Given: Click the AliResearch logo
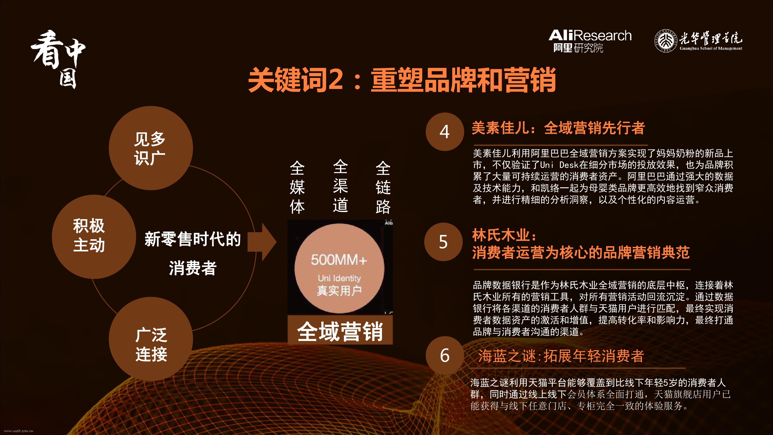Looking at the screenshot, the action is (x=590, y=41).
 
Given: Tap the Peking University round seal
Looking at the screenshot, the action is (x=666, y=41).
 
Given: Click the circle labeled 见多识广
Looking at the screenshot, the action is (x=151, y=148).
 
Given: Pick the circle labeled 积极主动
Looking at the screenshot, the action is (x=94, y=237).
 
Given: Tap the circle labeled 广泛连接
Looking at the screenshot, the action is (x=151, y=339).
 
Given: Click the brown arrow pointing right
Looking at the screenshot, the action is (x=262, y=242).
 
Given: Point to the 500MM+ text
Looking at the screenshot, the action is (x=339, y=260).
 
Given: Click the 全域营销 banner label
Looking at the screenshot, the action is (x=340, y=331).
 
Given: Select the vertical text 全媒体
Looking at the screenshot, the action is (x=297, y=187).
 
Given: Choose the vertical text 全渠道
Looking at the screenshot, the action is (x=340, y=186).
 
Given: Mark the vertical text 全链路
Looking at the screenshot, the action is (x=383, y=187).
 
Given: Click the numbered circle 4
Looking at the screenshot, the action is (x=445, y=132).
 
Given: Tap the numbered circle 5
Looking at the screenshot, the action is (x=444, y=242).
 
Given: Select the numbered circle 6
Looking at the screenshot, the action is (x=445, y=355).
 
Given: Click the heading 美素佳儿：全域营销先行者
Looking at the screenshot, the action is (x=558, y=128).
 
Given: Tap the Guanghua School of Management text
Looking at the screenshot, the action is (x=711, y=48).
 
